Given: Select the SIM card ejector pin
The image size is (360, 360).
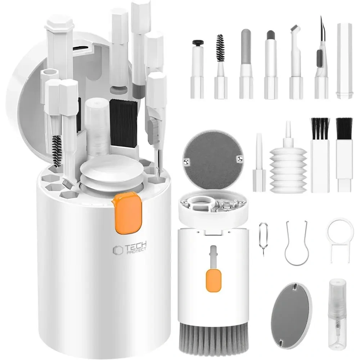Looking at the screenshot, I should point(262,237).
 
